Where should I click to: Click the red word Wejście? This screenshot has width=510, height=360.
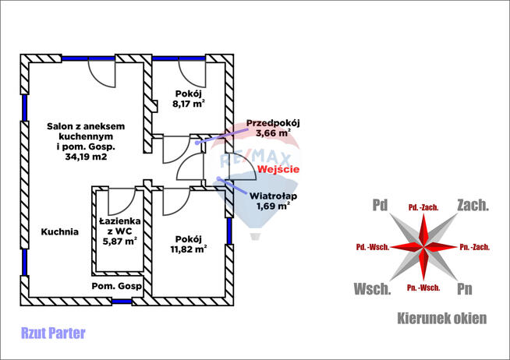coord(278,169)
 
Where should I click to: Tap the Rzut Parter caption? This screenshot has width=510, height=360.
coord(55,334)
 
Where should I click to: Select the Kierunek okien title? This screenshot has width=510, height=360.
coord(442,318)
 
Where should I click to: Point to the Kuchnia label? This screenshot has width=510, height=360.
coord(60,231)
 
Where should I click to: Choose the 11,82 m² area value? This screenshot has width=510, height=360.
coord(190,249)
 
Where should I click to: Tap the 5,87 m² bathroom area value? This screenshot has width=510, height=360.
coord(119,242)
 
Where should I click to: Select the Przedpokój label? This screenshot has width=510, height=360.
coord(273,122)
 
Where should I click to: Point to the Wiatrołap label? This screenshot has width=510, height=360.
coord(271,196)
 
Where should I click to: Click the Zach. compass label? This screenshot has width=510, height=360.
coord(473,206)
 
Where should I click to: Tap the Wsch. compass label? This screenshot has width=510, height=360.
coord(372,289)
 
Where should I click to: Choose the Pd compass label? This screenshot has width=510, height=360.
coord(380,206)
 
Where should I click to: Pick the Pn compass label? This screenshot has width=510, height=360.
coord(465,289)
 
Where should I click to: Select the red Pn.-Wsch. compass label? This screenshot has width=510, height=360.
coord(423,288)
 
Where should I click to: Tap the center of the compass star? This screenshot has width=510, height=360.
coord(423,246)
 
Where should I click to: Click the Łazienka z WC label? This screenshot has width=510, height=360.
coord(119,226)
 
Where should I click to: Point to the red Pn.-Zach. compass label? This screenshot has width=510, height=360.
coord(474,247)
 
